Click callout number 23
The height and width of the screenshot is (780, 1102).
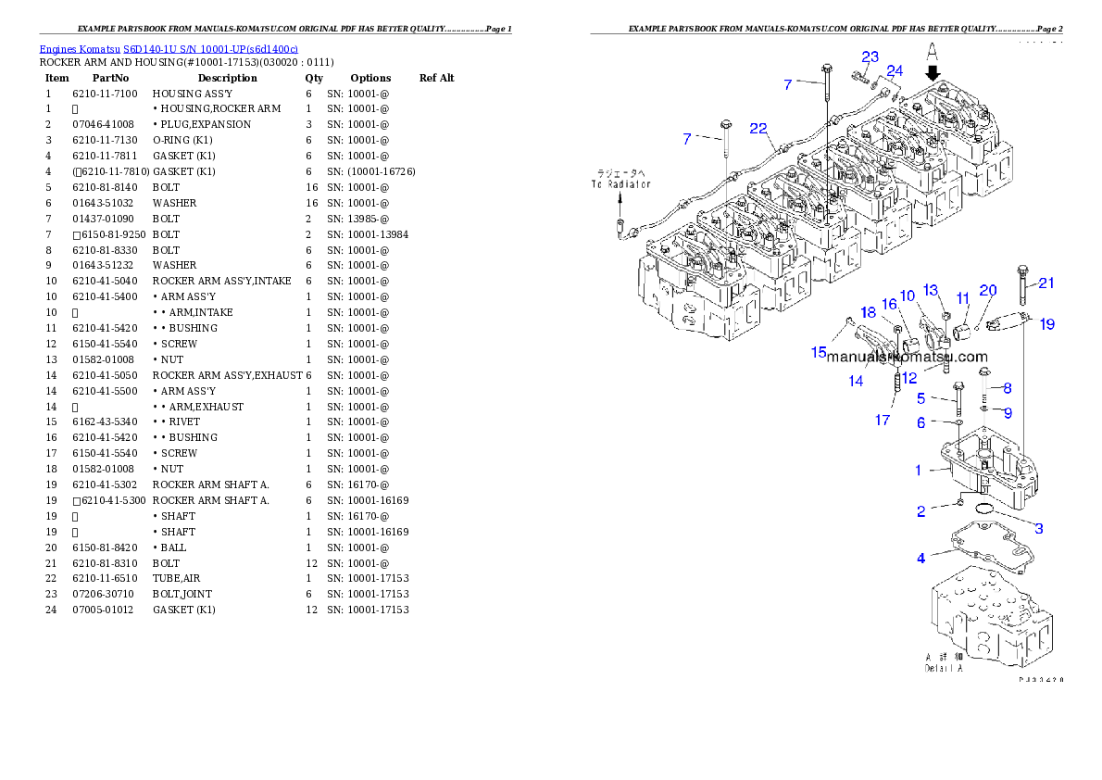click(870, 57)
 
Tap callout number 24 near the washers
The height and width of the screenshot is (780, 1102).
click(894, 71)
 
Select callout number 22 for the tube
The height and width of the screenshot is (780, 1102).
click(758, 128)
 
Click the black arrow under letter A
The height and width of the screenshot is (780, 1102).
click(933, 70)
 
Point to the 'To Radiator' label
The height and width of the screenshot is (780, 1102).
click(620, 184)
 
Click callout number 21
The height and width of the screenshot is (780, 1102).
click(1046, 283)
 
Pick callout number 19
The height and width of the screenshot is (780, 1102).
click(1046, 324)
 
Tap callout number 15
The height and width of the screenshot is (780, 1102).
click(819, 352)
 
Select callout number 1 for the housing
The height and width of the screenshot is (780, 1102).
click(919, 471)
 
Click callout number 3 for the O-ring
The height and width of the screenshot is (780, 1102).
click(1039, 528)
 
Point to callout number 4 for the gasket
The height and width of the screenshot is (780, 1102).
click(920, 559)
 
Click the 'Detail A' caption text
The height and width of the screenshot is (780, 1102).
click(944, 668)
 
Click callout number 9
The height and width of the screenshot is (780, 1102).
click(1008, 412)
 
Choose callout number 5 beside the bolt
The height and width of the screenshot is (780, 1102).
click(920, 398)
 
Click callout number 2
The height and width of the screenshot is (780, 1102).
click(920, 511)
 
